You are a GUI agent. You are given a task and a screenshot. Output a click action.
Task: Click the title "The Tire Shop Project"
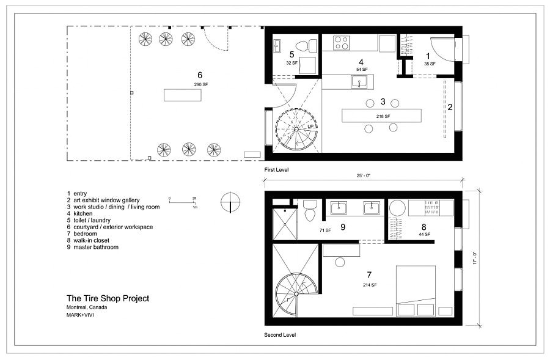(108, 298)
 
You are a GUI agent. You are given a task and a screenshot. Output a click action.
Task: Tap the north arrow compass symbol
(230, 202)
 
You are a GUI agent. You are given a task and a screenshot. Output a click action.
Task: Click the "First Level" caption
(276, 169)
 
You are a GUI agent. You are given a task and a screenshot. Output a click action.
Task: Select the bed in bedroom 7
(416, 290)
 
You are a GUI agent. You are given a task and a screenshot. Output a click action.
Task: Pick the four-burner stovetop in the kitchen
(340, 43)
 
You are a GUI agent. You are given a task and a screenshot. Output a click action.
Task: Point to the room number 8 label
(423, 226)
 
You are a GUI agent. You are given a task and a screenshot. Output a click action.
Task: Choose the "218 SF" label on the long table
(383, 115)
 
